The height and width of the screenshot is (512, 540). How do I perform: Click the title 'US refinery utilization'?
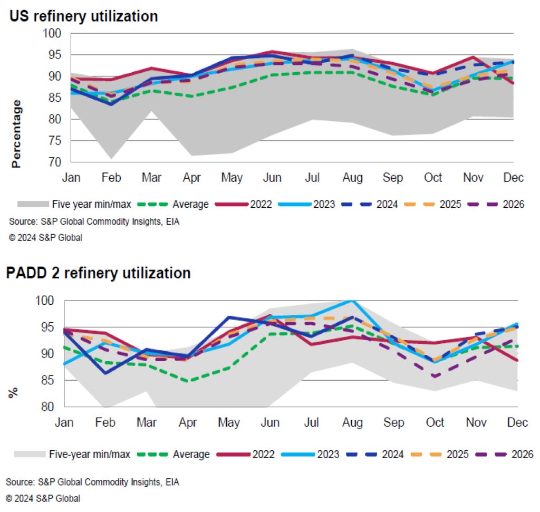83,16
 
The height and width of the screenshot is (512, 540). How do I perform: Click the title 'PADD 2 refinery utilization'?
98,273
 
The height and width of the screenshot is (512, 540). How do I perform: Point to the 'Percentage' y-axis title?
17,134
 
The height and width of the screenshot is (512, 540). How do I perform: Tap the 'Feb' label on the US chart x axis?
111,178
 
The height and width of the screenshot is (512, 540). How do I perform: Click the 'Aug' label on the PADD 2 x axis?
352,423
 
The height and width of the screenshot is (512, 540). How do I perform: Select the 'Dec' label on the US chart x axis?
513,178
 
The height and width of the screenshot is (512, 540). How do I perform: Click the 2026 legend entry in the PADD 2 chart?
523,454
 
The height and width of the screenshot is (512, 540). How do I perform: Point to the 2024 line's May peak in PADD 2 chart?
229,317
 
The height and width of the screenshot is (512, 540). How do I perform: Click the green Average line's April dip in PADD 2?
189,381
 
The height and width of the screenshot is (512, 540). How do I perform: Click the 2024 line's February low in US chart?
111,104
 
